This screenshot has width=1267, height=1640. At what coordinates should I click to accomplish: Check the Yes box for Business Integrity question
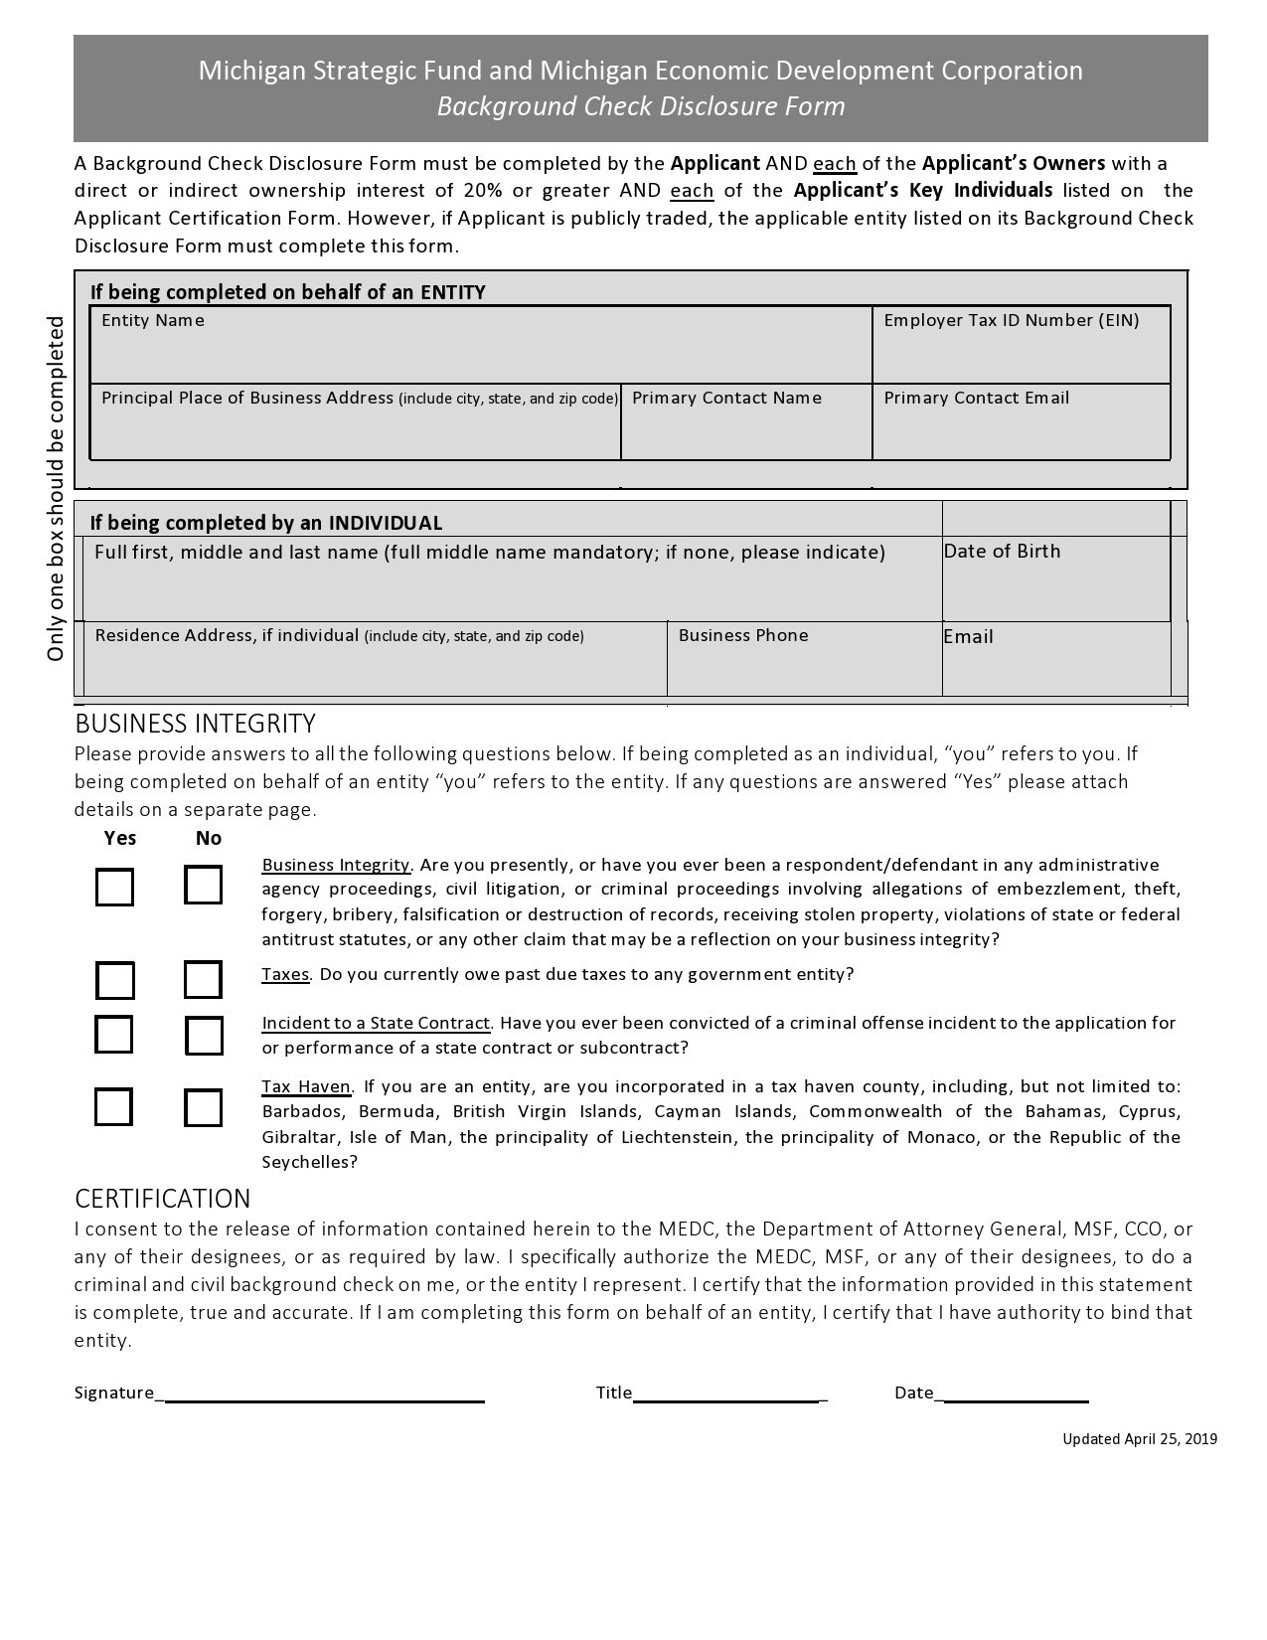point(114,887)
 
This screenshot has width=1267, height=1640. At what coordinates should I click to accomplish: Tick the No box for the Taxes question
point(203,980)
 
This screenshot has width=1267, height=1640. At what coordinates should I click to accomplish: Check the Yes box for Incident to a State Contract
point(114,1035)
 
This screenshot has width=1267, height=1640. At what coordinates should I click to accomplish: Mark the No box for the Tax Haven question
point(203,1107)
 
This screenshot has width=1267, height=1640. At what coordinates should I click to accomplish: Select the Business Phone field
point(804,667)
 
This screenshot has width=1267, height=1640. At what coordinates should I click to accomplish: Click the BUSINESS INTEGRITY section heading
point(195,724)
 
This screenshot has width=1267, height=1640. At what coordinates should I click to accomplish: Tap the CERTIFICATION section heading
point(163,1199)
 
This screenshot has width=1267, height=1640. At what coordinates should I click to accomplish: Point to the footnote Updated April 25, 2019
point(1139,1439)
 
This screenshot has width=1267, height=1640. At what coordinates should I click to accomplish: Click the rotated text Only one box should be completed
point(56,488)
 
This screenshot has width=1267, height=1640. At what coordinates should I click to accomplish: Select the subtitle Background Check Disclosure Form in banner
point(641,106)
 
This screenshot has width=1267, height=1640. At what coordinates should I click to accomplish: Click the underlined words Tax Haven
point(306,1086)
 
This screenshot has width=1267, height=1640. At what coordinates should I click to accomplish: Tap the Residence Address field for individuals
point(375,667)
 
